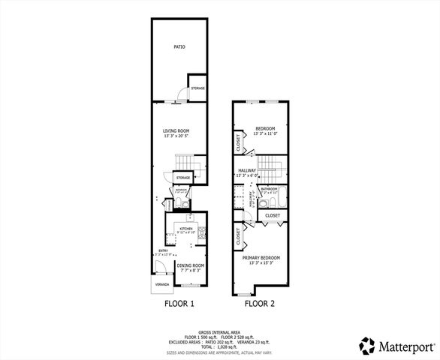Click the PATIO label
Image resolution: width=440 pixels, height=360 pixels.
[x=179, y=47]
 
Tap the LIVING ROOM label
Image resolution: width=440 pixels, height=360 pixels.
[x=179, y=132]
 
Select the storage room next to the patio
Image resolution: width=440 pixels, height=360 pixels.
[x=197, y=88]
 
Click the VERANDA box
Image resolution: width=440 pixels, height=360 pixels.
[x=162, y=285]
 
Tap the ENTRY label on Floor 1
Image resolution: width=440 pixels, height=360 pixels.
[x=162, y=251]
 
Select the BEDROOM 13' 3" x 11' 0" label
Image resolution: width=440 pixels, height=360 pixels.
[x=264, y=130]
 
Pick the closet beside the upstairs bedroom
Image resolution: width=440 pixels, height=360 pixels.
[x=239, y=143]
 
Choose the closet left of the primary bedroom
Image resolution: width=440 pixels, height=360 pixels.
[x=239, y=237]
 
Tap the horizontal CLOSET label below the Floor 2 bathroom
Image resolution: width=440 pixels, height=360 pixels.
[x=273, y=215]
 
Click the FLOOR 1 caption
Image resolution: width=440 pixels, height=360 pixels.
[x=179, y=305]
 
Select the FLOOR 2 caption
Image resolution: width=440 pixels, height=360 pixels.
[x=259, y=305]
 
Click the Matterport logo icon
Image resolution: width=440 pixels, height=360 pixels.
[x=367, y=346]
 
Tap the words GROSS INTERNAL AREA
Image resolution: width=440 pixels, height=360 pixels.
[x=219, y=331]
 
